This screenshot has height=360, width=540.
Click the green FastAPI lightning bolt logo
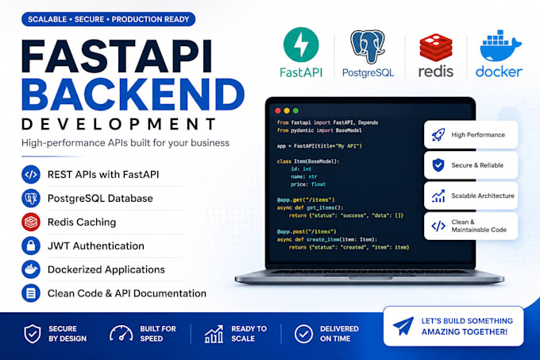[301, 45]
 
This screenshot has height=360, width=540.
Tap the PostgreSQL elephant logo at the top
[368, 46]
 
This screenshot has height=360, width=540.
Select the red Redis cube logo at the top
[436, 48]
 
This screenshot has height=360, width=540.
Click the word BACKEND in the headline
[133, 95]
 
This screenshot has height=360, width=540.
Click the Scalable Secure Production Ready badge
[109, 19]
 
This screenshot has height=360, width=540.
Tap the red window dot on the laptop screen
[278, 110]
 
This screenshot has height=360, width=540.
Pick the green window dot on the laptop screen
[295, 110]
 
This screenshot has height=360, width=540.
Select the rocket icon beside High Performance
[438, 134]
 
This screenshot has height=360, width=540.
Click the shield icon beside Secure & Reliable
[438, 165]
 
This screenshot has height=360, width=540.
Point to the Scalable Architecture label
[483, 195]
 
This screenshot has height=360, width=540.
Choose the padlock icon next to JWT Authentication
[31, 246]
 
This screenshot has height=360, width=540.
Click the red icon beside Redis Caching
[31, 222]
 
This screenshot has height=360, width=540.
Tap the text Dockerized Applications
[106, 269]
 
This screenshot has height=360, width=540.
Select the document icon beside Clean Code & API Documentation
[31, 293]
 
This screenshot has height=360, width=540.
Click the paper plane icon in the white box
[403, 326]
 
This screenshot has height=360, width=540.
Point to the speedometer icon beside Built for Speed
[121, 334]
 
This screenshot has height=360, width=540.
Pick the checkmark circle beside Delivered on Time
[303, 334]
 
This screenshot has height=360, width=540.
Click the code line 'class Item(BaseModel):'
[308, 161]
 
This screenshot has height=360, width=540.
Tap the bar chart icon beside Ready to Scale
[214, 334]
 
